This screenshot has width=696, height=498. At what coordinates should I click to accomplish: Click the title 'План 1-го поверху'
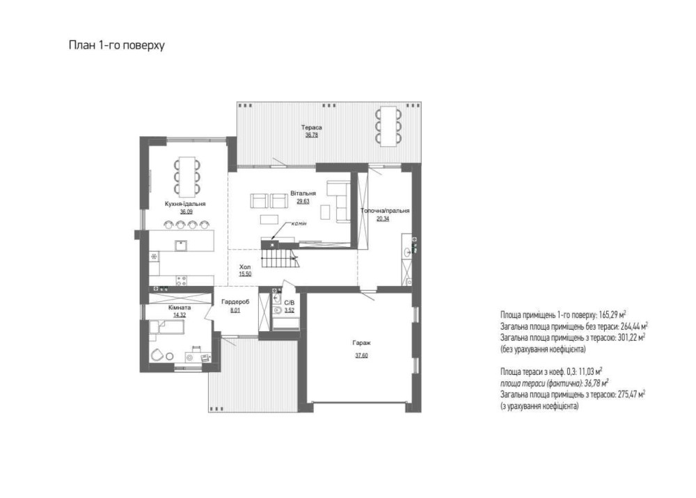pos(117,46)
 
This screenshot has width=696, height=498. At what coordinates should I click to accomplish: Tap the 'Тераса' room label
pos(312,128)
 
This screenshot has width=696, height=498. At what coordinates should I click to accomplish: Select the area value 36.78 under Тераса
pos(312,135)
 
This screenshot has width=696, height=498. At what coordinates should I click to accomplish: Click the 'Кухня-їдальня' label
pos(185,204)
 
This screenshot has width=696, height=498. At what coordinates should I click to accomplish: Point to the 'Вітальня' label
pos(303,193)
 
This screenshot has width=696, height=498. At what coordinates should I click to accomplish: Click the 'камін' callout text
pos(299,223)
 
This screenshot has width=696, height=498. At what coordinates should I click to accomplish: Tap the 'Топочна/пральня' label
pos(385,211)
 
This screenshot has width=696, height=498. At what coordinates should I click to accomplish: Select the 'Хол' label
pos(245,267)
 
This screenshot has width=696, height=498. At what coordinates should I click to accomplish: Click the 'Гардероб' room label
pos(235,302)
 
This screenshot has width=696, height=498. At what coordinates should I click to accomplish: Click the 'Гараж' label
pos(361,343)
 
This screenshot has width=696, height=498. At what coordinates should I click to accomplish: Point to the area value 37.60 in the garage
pos(361,355)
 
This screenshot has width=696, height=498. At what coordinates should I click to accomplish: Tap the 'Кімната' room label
pos(180,307)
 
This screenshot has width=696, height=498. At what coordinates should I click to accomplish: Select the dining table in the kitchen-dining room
pos(187,177)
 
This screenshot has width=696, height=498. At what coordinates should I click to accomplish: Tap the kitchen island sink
pos(181,246)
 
